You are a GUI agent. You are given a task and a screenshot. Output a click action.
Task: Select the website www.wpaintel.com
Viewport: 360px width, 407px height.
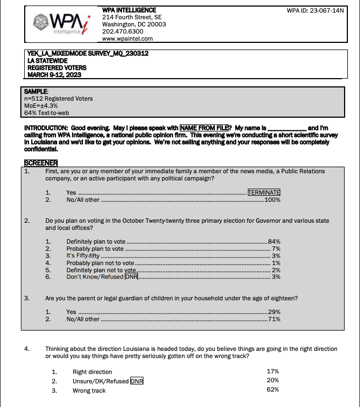[128, 38]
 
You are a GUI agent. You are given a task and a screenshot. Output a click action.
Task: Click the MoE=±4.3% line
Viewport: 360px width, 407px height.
[42, 105]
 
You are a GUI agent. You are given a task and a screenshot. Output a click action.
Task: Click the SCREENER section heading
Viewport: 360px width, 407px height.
[41, 162]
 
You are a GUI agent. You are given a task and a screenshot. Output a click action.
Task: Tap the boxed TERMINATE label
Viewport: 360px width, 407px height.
[264, 193]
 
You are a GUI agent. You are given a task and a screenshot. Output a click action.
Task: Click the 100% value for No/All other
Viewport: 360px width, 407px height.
[273, 200]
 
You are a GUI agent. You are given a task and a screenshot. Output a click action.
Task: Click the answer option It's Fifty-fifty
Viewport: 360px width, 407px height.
[84, 256]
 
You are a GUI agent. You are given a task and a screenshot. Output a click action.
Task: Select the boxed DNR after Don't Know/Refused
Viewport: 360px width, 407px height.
[131, 277]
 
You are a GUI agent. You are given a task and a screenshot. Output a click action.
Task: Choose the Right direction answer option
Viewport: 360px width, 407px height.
[92, 372]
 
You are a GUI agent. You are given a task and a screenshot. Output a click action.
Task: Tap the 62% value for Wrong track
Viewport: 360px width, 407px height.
[273, 390]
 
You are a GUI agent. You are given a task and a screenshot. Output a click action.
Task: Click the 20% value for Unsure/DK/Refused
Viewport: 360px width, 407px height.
[273, 381]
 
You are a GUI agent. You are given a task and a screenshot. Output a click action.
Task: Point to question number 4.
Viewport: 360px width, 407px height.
[27, 349]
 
